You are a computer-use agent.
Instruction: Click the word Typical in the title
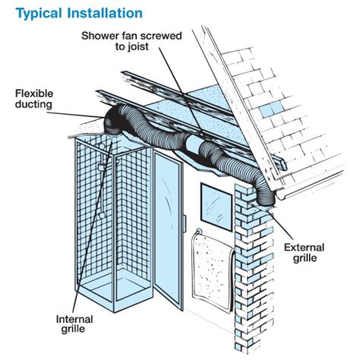tap(33, 13)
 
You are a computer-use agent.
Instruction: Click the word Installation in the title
tap(101, 13)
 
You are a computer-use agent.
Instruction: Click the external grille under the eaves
tap(267, 198)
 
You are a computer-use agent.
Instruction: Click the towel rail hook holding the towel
tap(198, 232)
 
